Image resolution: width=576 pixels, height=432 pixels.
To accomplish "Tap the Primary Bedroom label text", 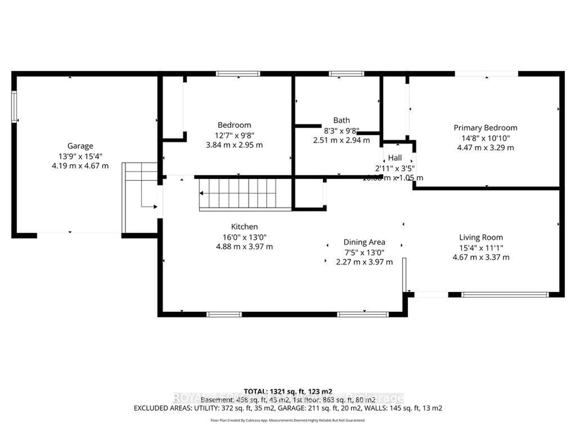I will [x=485, y=128].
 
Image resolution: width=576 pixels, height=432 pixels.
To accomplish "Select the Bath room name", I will [x=341, y=120].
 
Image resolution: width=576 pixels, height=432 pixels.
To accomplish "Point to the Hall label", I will [x=395, y=158].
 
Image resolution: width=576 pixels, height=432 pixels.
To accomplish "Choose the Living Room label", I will [x=481, y=237].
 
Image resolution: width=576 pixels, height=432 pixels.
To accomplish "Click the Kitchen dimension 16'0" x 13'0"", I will [x=244, y=237].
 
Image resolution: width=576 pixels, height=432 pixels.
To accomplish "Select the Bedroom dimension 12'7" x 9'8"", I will [x=234, y=136].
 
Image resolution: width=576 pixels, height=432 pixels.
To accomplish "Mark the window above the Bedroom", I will [x=238, y=74].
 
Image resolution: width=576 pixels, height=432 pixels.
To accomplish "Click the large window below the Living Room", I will [x=505, y=295].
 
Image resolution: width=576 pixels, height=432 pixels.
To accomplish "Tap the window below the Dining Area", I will [x=363, y=315].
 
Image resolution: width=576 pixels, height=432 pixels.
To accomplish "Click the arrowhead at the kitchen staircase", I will [x=201, y=193].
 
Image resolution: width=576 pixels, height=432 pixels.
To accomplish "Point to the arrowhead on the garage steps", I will [x=155, y=207].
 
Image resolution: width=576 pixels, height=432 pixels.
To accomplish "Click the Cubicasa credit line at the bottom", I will [x=288, y=420].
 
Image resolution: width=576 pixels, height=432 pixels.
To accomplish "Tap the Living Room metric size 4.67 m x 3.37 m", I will [x=481, y=257].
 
